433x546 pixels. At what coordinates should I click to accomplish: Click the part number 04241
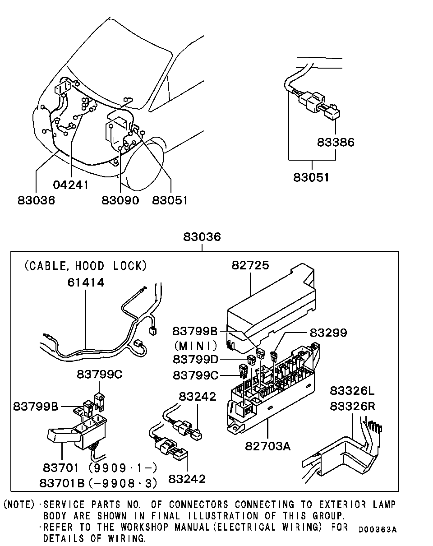pos(71,185)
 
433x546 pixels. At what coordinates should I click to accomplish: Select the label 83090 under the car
pos(120,200)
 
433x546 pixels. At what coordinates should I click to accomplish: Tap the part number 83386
pos(336,142)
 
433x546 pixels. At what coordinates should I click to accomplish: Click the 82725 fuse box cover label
pos(250,265)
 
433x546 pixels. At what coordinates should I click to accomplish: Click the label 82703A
pos(268,446)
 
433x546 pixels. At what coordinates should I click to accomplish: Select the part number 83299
pos(328,333)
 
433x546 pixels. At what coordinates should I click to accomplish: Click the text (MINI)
pos(196,346)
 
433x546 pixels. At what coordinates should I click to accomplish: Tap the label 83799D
pos(195,360)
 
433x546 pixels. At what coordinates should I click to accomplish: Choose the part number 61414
pos(86,282)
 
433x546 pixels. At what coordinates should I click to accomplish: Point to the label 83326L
pos(352,391)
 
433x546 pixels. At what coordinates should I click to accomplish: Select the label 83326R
pos(352,406)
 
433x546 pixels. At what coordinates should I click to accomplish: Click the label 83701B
pos(62,483)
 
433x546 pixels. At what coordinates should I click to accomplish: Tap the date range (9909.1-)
pos(123,467)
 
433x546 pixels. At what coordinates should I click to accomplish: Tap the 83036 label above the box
pos(202,236)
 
